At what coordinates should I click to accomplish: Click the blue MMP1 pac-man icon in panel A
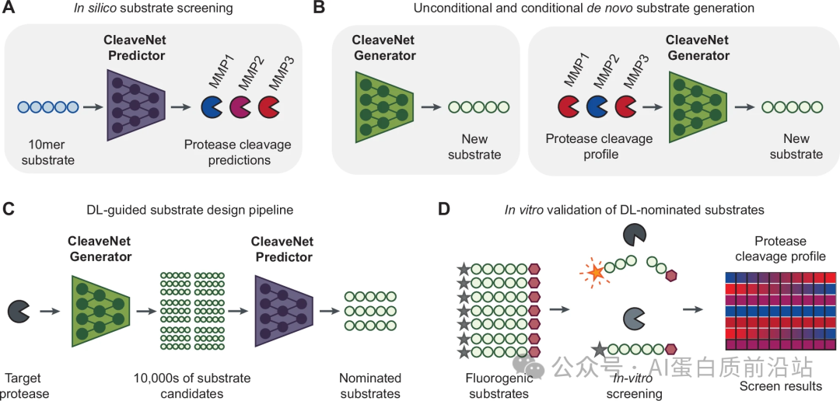pos(212,107)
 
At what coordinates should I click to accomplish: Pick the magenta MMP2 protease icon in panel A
pos(240,107)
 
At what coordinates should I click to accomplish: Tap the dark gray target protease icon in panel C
pos(19,311)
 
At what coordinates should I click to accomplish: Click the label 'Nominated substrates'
pos(370,385)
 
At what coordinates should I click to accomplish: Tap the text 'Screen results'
pos(781,385)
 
